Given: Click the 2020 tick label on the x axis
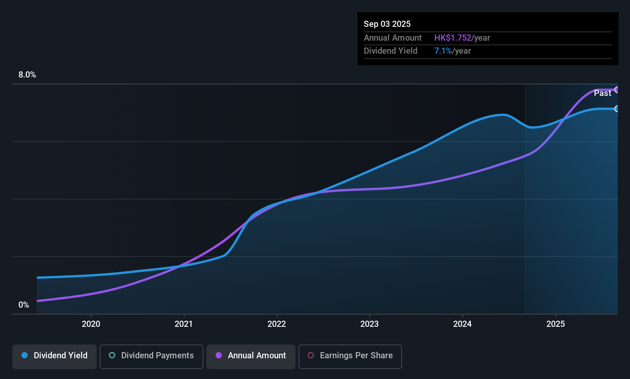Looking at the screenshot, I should click(x=91, y=324).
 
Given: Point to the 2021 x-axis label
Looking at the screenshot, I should click(x=184, y=324).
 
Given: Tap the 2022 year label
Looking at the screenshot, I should click(x=277, y=324).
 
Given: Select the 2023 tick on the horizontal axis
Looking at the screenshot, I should click(x=369, y=324).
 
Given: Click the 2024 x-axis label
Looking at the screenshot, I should click(x=462, y=324).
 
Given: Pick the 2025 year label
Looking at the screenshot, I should click(x=556, y=324).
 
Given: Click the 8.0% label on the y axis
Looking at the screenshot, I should click(x=27, y=75).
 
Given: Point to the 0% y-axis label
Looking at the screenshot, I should click(x=24, y=305).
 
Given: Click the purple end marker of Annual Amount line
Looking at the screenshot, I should click(x=617, y=90).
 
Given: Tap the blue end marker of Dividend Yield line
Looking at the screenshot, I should click(x=617, y=109).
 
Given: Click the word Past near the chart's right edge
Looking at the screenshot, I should click(x=602, y=93).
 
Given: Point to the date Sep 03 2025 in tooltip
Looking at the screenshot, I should click(x=387, y=24).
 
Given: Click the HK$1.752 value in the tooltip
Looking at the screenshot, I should click(x=453, y=38).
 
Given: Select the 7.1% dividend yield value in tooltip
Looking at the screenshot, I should click(x=443, y=51).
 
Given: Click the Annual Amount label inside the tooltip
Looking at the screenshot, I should click(x=393, y=38).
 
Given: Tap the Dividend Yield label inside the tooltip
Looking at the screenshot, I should click(x=391, y=51).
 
